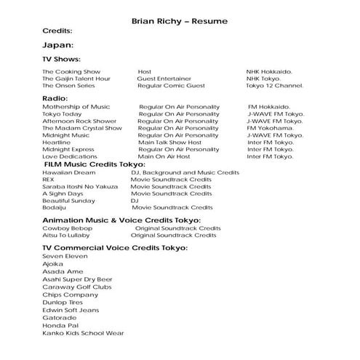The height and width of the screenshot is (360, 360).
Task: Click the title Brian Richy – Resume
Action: coord(180,21)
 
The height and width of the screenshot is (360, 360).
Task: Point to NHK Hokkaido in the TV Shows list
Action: coord(269,72)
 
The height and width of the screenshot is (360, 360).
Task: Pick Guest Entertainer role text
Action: coord(169,79)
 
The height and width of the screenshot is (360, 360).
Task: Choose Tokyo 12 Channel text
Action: coord(274,86)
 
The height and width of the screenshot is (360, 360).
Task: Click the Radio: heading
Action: coord(55,97)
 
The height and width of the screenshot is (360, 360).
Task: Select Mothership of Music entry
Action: coord(76,107)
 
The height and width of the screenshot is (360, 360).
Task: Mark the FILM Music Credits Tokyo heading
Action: coord(95,164)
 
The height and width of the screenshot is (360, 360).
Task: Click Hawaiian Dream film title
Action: coord(68,172)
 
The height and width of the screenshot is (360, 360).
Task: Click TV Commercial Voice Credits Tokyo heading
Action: coord(115,248)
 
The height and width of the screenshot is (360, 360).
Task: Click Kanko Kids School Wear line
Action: coord(83,333)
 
